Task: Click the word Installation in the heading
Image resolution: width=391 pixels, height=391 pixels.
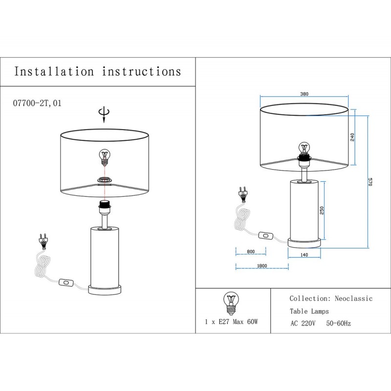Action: click(x=54, y=72)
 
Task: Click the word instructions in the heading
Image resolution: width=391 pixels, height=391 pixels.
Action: click(x=142, y=72)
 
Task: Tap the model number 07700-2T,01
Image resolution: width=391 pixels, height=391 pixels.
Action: click(x=36, y=104)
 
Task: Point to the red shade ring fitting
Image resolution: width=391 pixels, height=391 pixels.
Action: click(x=104, y=180)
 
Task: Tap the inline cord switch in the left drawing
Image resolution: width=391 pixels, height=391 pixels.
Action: click(x=65, y=282)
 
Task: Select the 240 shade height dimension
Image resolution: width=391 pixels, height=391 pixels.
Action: click(x=352, y=137)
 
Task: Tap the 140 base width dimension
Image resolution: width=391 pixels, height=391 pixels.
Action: click(x=304, y=255)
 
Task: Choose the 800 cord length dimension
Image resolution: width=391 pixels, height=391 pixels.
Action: click(x=251, y=252)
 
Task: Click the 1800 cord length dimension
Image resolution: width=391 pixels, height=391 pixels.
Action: click(x=261, y=266)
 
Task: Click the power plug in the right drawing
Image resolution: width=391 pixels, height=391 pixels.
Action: click(x=241, y=194)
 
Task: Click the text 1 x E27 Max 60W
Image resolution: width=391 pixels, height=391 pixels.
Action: click(x=231, y=323)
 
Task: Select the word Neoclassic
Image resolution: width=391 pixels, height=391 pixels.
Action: click(x=353, y=298)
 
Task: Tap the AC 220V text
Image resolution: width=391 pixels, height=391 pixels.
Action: click(x=304, y=324)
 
